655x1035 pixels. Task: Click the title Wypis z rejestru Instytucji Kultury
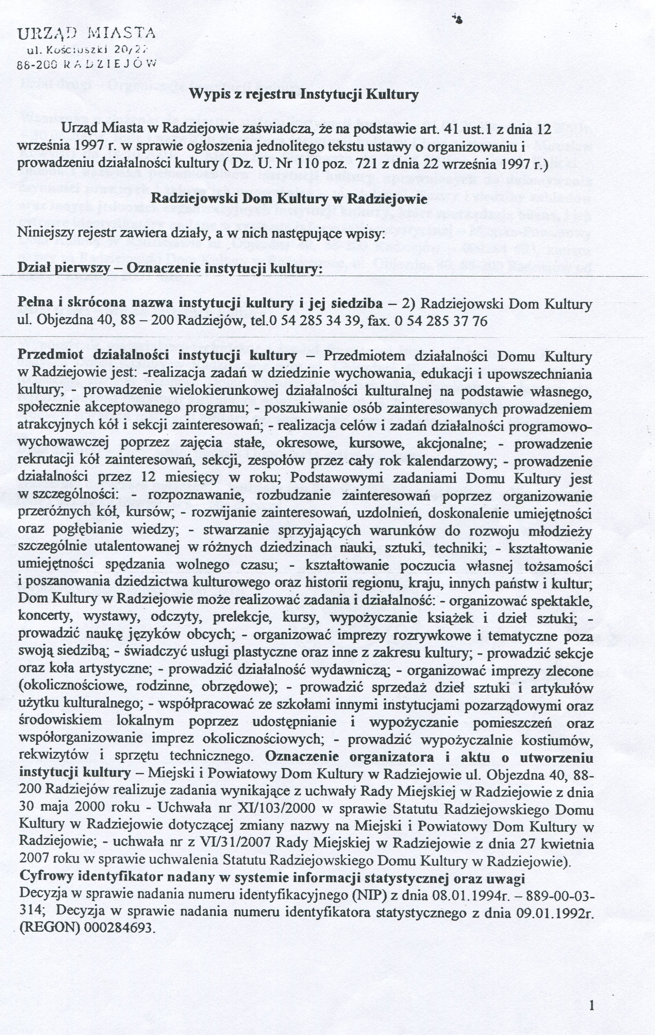tap(304, 94)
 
